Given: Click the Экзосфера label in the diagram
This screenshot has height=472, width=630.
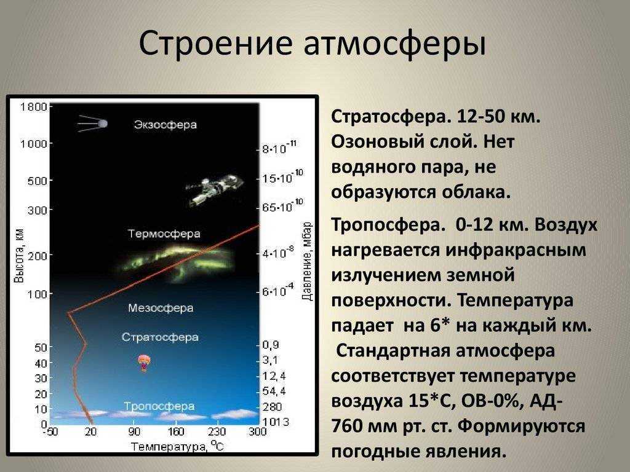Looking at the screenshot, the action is point(165,124).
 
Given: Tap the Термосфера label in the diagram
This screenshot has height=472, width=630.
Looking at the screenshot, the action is point(164,234).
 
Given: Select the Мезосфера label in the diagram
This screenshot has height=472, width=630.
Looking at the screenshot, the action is point(161,308).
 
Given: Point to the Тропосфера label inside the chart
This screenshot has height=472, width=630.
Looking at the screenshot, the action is point(159,406).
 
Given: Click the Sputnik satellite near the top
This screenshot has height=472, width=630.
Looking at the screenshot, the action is point(94,124).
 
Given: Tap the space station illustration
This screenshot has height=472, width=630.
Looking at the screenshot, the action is point(214,189).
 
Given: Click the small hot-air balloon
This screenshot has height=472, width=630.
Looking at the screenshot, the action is point(143,363).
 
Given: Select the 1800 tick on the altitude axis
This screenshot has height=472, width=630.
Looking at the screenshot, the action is point(34,107).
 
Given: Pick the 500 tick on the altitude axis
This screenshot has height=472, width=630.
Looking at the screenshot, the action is point(38,181).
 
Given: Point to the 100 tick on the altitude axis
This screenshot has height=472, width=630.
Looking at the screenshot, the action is point(38,294).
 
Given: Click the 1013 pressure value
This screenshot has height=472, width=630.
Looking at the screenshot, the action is point(276,422).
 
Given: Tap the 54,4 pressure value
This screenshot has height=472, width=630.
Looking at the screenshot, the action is point(274,391).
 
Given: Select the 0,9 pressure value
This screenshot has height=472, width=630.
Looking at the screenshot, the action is point(271,345).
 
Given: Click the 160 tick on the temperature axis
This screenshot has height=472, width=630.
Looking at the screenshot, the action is point(175,432).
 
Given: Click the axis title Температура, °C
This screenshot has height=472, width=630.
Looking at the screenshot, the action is point(177,446).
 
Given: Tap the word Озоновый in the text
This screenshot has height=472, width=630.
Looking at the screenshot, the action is point(375,142).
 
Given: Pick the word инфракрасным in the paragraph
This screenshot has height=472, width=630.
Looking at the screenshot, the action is point(516,251).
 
